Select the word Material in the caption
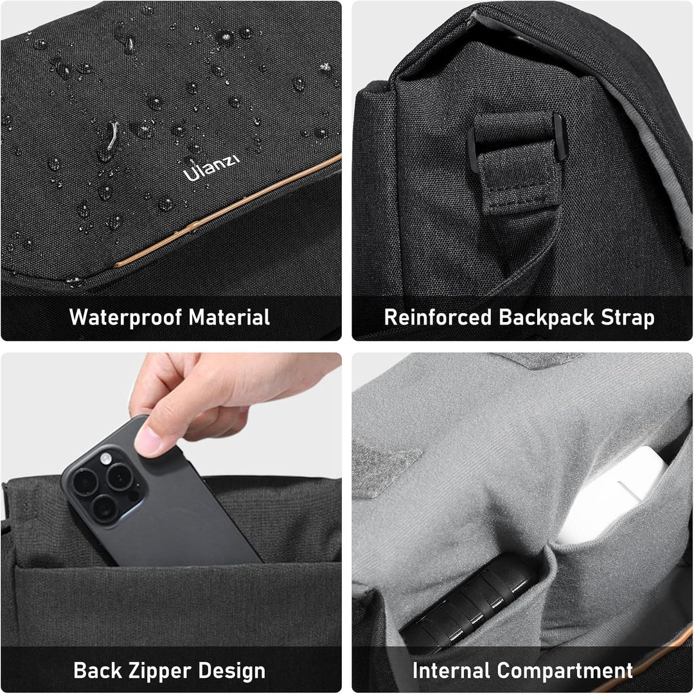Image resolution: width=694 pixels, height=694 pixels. tap(229, 317)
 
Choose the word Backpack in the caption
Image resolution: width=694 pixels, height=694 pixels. tap(547, 317)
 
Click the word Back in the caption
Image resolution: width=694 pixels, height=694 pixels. tap(98, 671)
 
